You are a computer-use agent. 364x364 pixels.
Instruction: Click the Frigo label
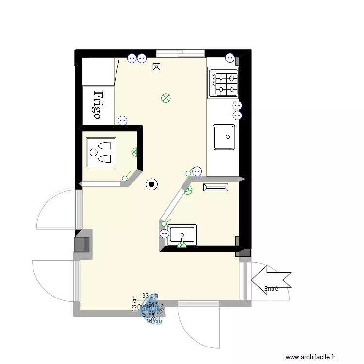pos(98,105)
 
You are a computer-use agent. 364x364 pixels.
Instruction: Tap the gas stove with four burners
pos(224,83)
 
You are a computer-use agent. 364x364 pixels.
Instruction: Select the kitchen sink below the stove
pos(224,137)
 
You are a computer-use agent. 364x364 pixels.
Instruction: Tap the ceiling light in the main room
pos(165,98)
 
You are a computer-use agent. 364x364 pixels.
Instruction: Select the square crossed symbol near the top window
pos(157,67)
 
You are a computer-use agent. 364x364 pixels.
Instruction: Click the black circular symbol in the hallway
pos(152,184)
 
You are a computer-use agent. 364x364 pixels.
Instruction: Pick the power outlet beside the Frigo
pos(122,120)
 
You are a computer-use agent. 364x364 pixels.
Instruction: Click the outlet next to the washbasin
pos(165,234)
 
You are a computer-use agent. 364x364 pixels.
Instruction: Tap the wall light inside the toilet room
pos(135,152)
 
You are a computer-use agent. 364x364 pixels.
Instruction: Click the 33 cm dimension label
pos(150,295)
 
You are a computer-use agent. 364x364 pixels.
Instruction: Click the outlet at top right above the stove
pos(230,58)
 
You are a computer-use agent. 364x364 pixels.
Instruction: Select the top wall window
pos(181,52)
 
